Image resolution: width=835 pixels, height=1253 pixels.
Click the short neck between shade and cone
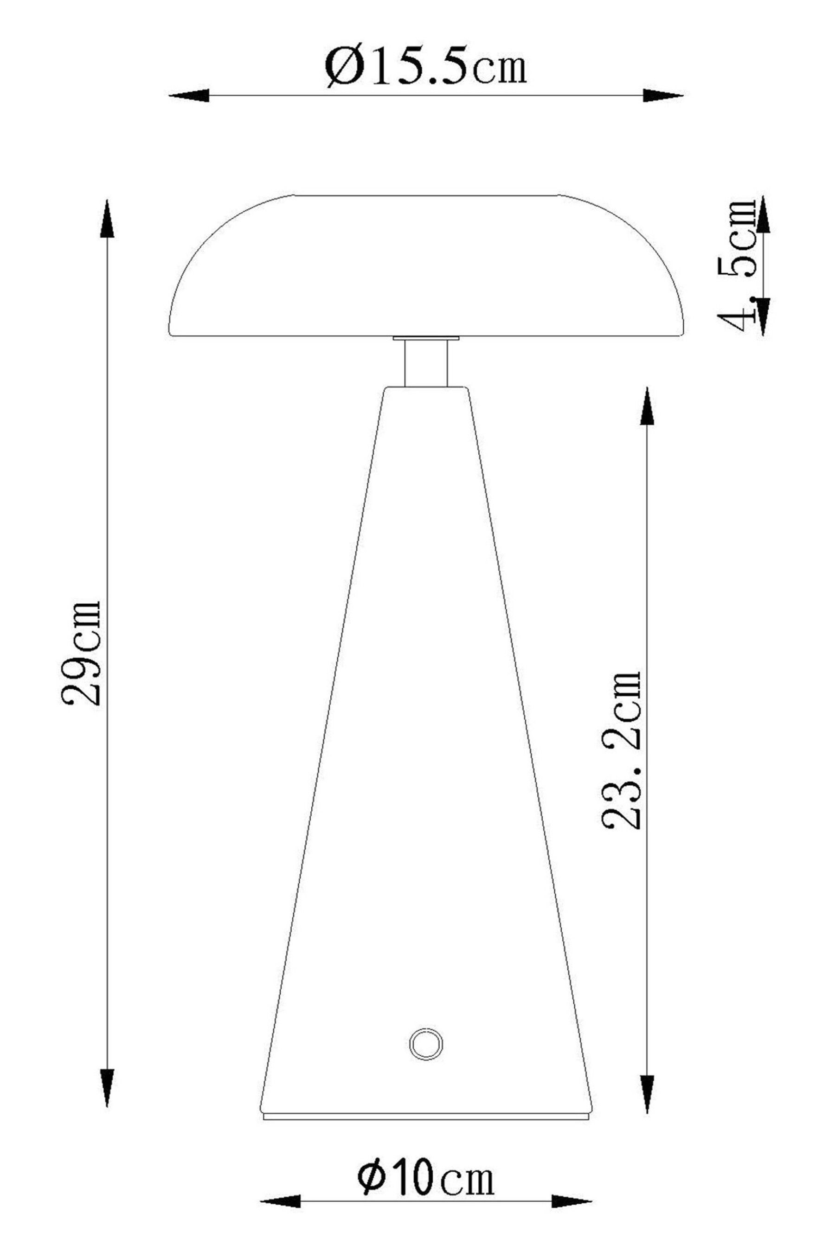[x=425, y=363]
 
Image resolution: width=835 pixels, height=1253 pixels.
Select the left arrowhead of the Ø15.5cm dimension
[x=189, y=96]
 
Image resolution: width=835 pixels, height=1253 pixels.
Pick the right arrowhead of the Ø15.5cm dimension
[x=663, y=96]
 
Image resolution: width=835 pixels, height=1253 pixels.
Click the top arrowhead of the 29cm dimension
[x=108, y=219]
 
